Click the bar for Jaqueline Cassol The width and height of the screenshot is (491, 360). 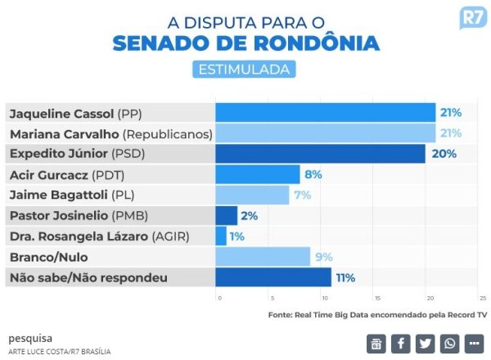tap(325, 112)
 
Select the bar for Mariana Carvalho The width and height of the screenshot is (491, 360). tap(325, 133)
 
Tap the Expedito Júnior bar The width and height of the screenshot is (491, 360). tap(320, 153)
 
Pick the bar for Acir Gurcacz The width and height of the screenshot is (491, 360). tap(258, 174)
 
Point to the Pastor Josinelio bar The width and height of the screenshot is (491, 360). tap(226, 216)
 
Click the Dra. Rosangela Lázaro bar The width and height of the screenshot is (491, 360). tap(221, 236)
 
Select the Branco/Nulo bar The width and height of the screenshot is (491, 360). tap(263, 257)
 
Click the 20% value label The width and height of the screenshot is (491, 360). tap(444, 153)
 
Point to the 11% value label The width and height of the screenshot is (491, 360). tap(345, 277)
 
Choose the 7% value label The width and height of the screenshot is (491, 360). tap(303, 195)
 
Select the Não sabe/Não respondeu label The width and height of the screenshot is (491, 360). tap(88, 277)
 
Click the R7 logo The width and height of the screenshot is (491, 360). tap(471, 20)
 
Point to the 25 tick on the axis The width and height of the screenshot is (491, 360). tap(483, 297)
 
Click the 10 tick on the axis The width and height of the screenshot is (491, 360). tap(325, 297)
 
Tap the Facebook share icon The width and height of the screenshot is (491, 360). tap(401, 343)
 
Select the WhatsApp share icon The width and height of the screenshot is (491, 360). tap(450, 343)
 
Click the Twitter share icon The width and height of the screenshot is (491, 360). tap(426, 343)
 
